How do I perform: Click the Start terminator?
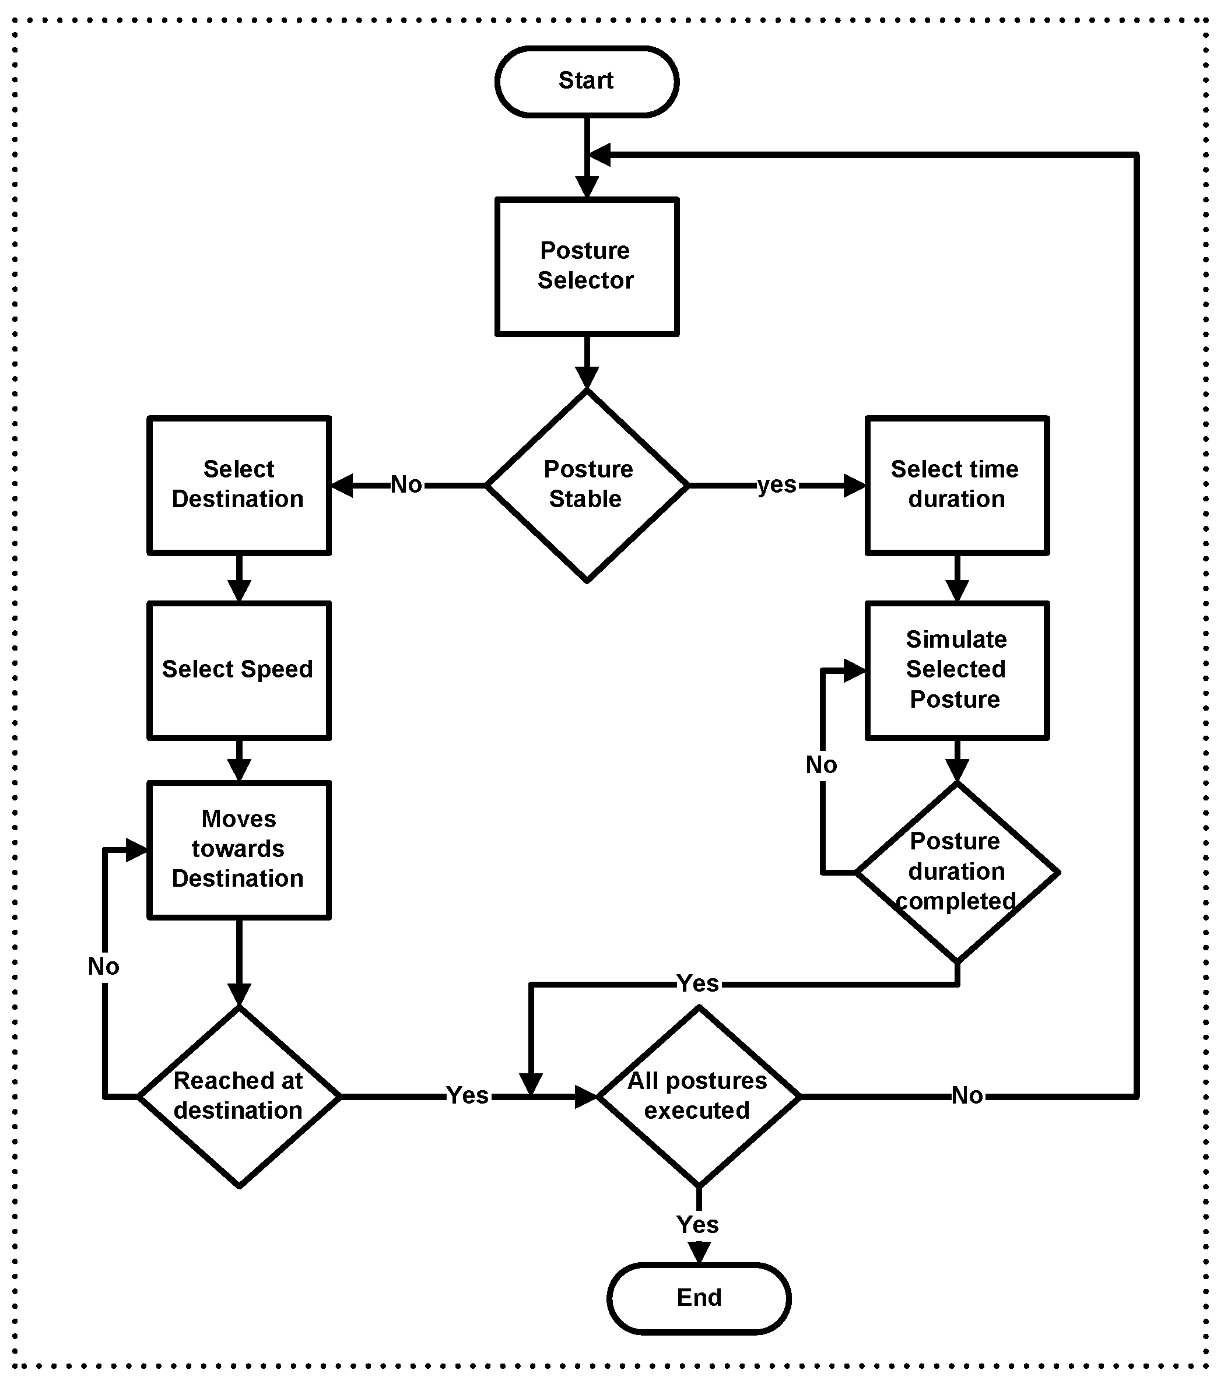coord(587,81)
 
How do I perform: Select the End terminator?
coord(699,1298)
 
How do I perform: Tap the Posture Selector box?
coord(587,266)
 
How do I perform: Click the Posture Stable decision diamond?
coord(587,485)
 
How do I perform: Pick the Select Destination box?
coord(239,485)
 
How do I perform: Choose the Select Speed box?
coord(239,670)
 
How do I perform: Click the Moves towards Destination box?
coord(239,849)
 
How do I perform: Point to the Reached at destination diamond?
coord(239,1095)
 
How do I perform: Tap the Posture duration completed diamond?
coord(956,872)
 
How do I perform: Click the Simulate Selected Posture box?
coord(956,670)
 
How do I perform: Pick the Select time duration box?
coord(956,485)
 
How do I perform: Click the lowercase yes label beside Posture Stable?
coord(777,485)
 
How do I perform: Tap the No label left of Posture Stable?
coord(406,485)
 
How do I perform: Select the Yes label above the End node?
coord(697,1224)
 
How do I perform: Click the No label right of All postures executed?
coord(967,1095)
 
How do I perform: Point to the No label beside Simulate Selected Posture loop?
coord(822,765)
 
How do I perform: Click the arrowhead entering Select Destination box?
coord(342,486)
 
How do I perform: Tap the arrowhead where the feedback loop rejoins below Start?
coord(600,154)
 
